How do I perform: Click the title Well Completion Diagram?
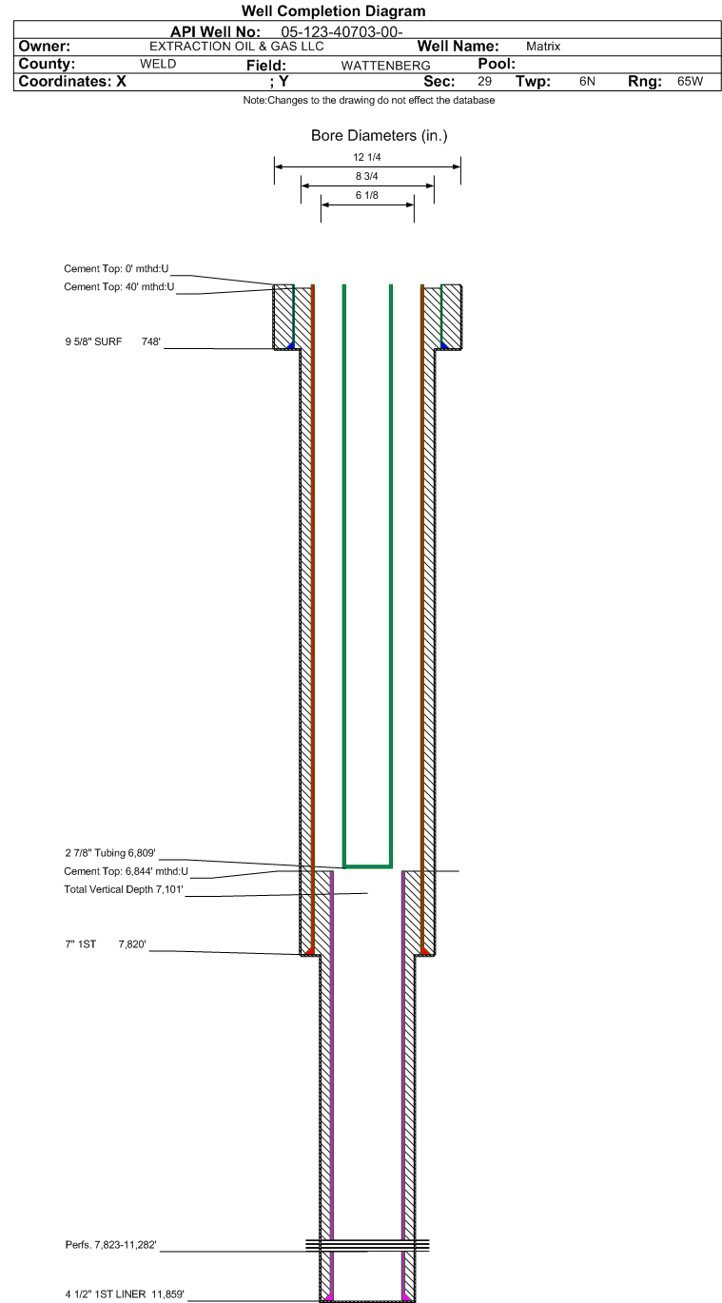coord(333,11)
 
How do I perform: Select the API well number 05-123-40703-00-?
coord(341,32)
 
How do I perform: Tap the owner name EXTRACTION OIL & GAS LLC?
coord(236,47)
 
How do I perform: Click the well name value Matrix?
coord(543,47)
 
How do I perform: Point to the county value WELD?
coord(158,64)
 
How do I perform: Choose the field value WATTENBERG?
coord(385,66)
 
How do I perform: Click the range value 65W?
coord(690,82)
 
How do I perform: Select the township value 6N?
coord(587,82)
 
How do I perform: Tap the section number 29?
coord(484,82)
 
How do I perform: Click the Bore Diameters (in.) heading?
coord(379,136)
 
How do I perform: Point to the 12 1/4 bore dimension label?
coord(366,157)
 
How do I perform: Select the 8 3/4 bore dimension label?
coord(366,176)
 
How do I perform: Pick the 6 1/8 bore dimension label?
coord(366,196)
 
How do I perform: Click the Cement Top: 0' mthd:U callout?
coord(116,269)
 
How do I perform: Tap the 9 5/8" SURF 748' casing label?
coord(112,342)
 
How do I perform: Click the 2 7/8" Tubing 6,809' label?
coord(110,853)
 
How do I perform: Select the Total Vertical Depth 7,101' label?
coord(124,889)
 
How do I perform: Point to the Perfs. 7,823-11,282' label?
coord(110,1245)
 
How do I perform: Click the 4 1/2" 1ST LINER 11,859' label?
coord(125,1294)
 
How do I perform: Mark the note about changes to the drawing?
coord(369,100)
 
